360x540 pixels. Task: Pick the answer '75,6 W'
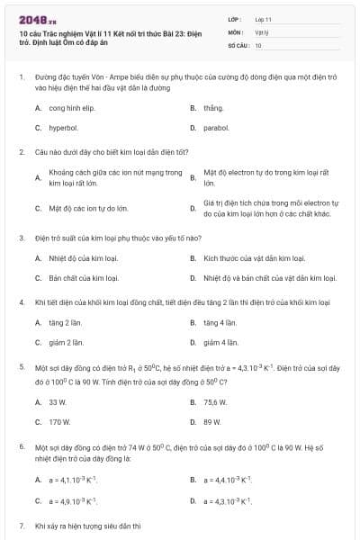215,401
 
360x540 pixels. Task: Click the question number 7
22,525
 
